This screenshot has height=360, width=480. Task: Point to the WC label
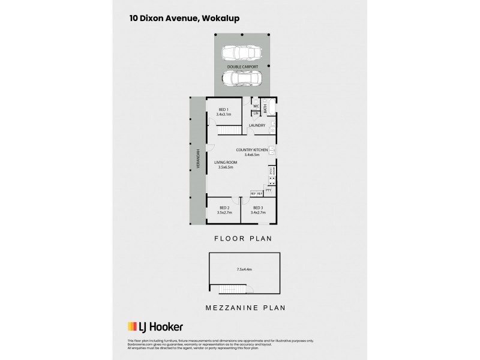click(256, 106)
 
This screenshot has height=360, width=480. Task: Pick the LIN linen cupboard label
click(256, 113)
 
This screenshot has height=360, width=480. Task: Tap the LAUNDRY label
click(257, 125)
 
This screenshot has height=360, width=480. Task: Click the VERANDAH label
click(196, 158)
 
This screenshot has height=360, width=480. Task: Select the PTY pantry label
click(268, 190)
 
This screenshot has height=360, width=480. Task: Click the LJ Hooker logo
click(155, 327)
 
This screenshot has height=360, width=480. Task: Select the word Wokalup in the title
click(222, 18)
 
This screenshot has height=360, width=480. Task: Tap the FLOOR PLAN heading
click(243, 238)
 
